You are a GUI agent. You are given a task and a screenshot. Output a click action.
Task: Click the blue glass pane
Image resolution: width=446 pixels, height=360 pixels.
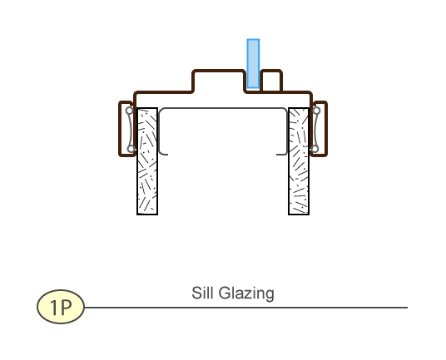pyautogui.click(x=253, y=64)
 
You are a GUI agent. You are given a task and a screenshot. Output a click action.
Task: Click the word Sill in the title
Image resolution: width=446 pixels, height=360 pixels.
pyautogui.click(x=202, y=293)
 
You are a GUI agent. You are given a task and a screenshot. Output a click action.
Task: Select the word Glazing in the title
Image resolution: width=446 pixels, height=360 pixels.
pyautogui.click(x=246, y=293)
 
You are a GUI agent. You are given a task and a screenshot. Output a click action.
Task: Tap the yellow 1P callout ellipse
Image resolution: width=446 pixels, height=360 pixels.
pyautogui.click(x=61, y=307)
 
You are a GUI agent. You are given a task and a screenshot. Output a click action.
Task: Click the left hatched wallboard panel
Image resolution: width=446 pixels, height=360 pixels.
pyautogui.click(x=147, y=161)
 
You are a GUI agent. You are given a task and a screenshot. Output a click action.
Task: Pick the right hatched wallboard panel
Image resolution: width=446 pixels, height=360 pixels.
pyautogui.click(x=299, y=161)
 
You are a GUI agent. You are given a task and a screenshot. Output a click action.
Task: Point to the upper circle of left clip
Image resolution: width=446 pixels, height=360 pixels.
pyautogui.click(x=130, y=111)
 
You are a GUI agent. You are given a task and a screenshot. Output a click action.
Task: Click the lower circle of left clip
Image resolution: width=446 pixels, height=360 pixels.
pyautogui.click(x=131, y=149)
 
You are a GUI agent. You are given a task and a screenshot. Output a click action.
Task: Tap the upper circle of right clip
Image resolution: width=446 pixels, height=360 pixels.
pyautogui.click(x=316, y=111)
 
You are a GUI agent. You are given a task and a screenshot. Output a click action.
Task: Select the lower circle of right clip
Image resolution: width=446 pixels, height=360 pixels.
pyautogui.click(x=315, y=149)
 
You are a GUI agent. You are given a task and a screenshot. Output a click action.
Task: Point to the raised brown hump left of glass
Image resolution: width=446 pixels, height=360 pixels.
pyautogui.click(x=219, y=71)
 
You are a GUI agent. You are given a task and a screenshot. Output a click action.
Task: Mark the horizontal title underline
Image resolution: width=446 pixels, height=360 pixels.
pyautogui.click(x=246, y=308)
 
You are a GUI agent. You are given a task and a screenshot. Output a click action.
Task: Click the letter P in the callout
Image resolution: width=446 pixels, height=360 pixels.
pyautogui.click(x=66, y=307)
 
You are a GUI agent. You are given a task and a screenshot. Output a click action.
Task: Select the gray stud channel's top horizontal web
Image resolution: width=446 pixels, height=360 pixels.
pyautogui.click(x=223, y=108)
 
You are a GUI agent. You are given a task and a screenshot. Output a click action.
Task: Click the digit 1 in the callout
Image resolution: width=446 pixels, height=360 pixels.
pyautogui.click(x=54, y=307)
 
